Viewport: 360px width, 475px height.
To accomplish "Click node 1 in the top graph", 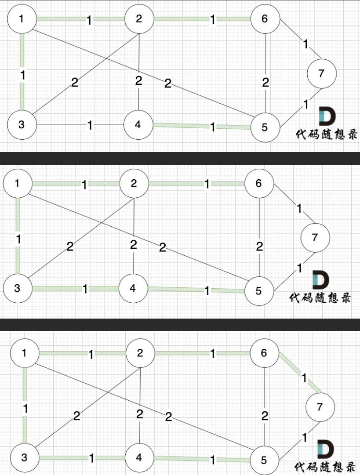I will click(22, 19).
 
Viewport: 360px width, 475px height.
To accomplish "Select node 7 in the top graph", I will click(321, 73).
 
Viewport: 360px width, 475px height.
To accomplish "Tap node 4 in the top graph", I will click(138, 125).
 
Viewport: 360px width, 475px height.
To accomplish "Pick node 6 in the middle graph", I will click(258, 183).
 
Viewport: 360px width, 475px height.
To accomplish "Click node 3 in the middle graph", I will click(18, 288).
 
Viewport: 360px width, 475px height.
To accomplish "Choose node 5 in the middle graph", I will click(258, 291).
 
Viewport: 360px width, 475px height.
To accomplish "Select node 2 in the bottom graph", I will click(140, 353).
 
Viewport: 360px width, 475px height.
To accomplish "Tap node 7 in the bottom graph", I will click(320, 407).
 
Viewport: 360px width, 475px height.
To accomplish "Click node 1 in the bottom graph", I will click(24, 353).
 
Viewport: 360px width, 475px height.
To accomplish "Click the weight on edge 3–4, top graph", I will click(90, 126).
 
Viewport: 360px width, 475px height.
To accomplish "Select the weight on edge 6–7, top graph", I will click(305, 44).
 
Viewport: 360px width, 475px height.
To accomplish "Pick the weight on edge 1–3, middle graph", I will click(18, 240).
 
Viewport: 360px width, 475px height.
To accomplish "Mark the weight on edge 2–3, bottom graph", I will click(77, 416).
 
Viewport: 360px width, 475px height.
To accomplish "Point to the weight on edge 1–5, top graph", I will click(167, 83).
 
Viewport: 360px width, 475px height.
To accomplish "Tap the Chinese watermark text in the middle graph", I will click(320, 297).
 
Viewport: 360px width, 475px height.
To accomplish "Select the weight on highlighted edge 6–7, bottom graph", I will click(304, 377).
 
